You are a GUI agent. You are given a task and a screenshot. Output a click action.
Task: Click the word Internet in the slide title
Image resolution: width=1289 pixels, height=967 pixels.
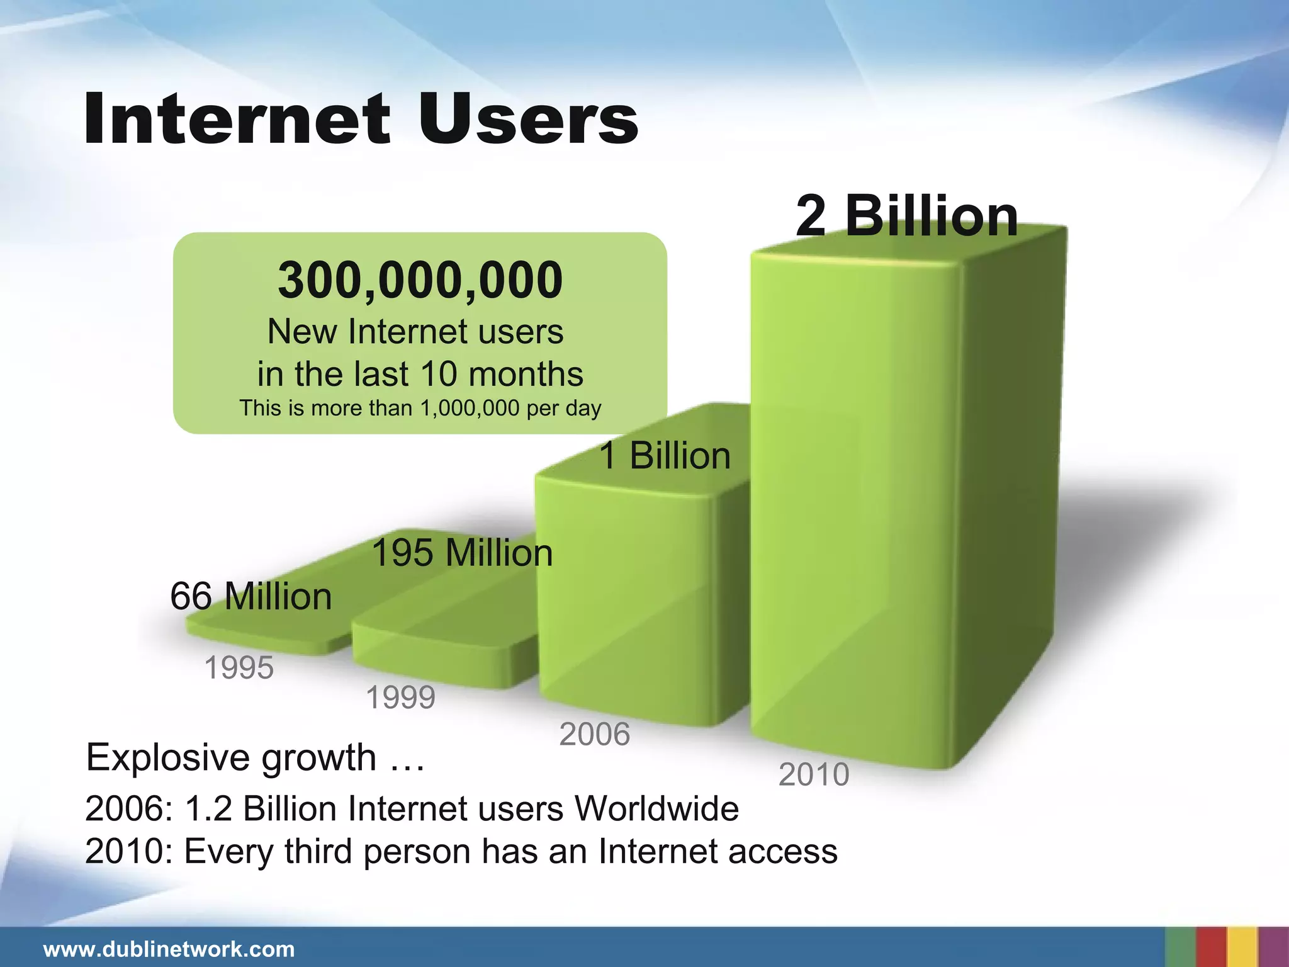point(237,118)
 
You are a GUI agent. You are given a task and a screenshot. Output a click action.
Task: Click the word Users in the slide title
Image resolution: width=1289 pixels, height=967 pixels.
point(527,118)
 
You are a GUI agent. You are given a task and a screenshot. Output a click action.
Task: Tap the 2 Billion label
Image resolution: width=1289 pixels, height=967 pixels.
point(906,215)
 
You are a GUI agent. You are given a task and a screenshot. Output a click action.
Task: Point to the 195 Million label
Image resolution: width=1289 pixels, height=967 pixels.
point(462,553)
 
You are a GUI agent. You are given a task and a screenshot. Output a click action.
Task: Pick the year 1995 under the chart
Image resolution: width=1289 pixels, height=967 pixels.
point(239,667)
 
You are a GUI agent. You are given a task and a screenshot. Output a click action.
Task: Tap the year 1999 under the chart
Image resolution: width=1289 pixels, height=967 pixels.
point(400,698)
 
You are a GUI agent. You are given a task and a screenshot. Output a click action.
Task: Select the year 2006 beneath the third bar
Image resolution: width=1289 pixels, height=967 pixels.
point(594,734)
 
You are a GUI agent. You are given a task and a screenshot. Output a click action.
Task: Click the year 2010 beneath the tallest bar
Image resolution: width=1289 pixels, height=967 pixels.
point(814,774)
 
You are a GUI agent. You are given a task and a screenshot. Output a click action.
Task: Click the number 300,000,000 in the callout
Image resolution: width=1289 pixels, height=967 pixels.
point(420,280)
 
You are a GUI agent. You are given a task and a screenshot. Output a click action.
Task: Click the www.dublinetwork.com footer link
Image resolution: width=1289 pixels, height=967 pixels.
point(169,949)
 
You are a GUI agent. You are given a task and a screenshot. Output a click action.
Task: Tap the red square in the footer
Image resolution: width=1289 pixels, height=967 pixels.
point(1211,947)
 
